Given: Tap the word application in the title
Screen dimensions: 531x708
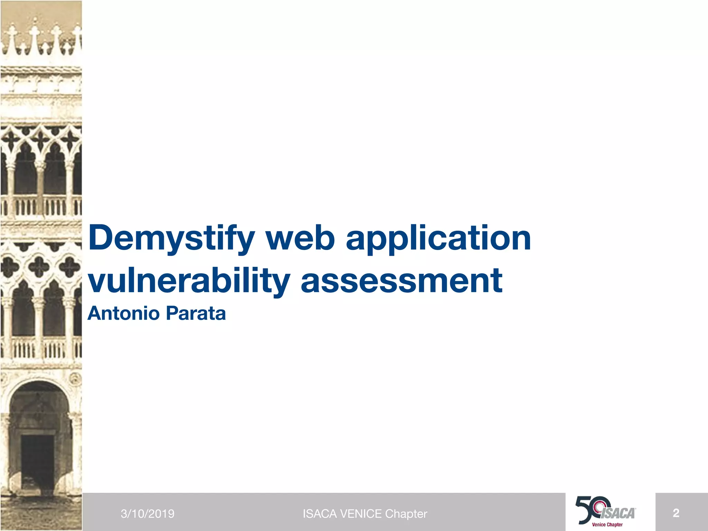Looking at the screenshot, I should tap(438, 239).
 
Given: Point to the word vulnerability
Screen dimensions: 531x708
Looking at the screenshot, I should tap(189, 281).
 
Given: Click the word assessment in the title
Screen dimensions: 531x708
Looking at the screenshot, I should tap(401, 281).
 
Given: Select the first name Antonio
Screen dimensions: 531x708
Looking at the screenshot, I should tap(123, 313).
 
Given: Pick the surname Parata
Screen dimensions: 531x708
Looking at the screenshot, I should tap(196, 313).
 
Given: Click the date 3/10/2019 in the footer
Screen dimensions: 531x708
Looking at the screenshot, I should tap(148, 514).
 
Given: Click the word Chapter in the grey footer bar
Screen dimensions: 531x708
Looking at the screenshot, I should tap(406, 514).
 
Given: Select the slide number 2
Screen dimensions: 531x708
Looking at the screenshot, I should tap(676, 513).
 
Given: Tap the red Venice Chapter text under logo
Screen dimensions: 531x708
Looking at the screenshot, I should tap(607, 525).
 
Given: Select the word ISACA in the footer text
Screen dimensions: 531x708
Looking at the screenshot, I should tap(320, 514).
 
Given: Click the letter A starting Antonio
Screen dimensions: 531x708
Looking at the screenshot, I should tap(95, 313).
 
